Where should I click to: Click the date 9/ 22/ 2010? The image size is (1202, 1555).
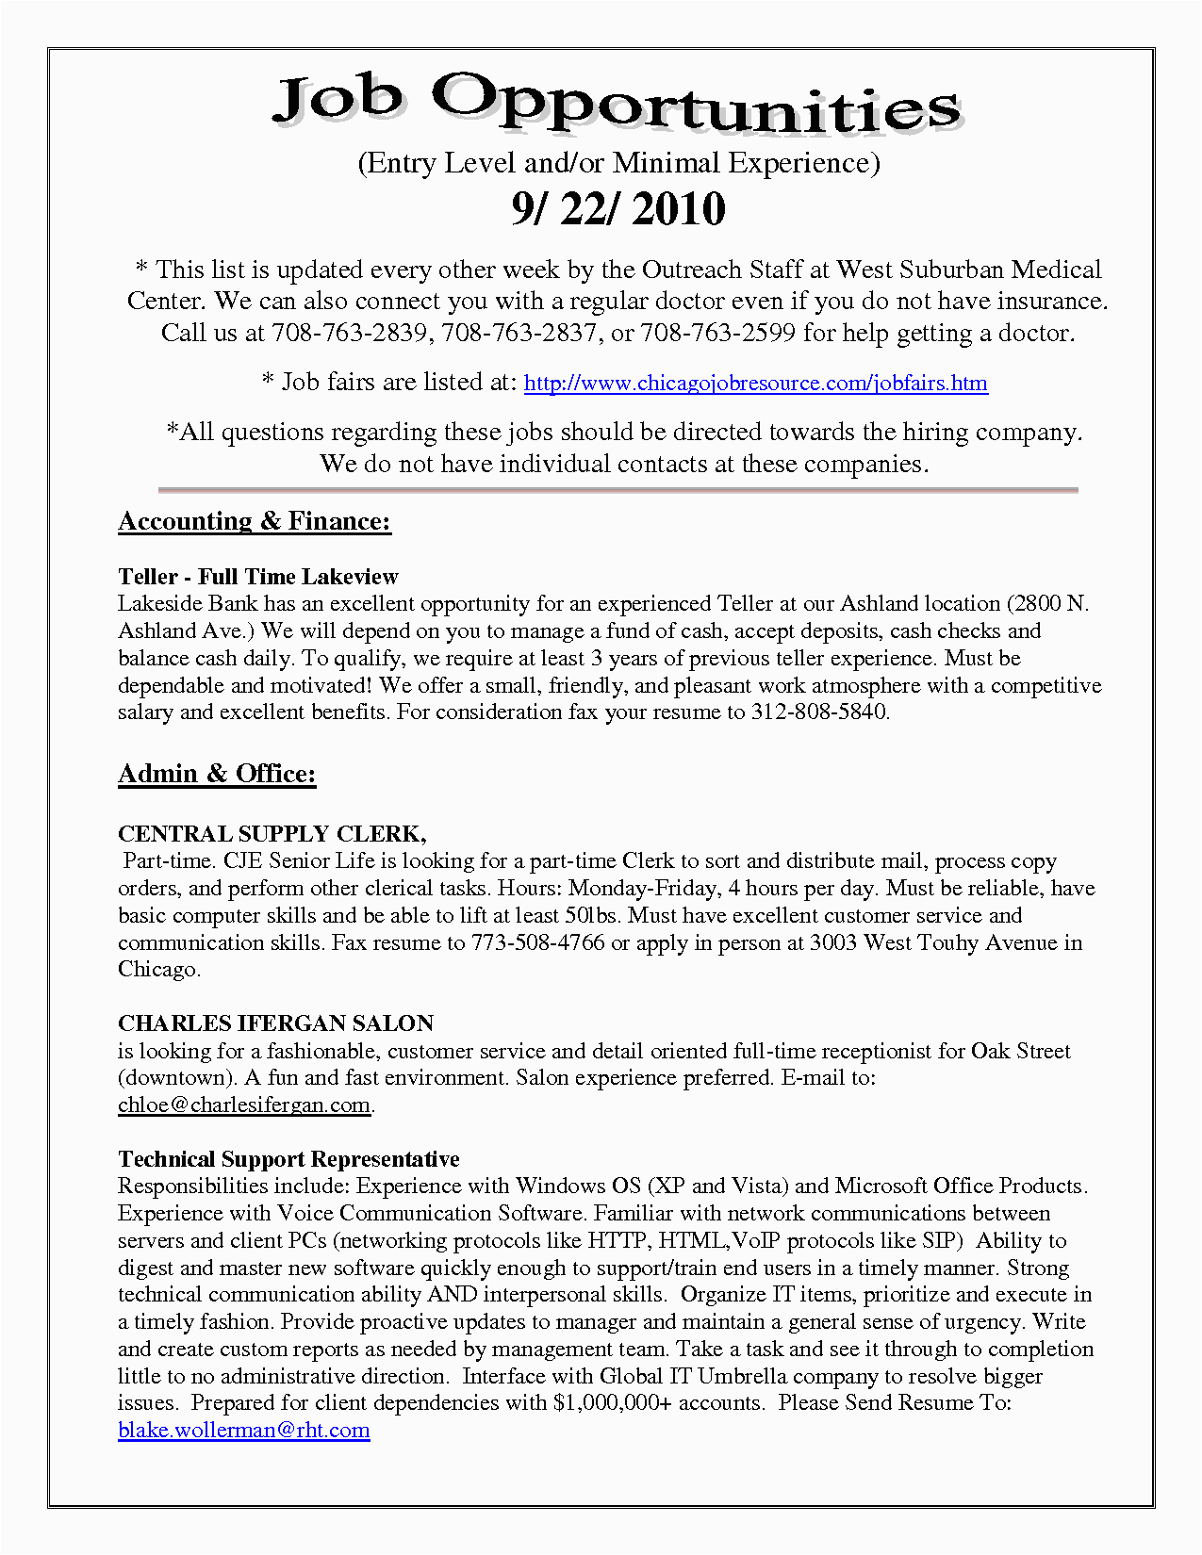pyautogui.click(x=618, y=209)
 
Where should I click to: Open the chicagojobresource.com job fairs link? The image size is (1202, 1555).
pyautogui.click(x=755, y=384)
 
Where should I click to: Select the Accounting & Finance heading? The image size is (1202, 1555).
pyautogui.click(x=255, y=521)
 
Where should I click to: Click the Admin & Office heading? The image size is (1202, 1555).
pyautogui.click(x=217, y=774)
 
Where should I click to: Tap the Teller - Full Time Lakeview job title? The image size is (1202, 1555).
pyautogui.click(x=258, y=577)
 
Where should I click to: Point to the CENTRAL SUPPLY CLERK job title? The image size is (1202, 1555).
pyautogui.click(x=272, y=834)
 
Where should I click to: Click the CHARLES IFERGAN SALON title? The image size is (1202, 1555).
pyautogui.click(x=275, y=1023)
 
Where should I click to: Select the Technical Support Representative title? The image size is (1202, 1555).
pyautogui.click(x=288, y=1159)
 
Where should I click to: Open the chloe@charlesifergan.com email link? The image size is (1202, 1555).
pyautogui.click(x=244, y=1105)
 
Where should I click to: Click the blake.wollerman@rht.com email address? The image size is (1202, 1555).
pyautogui.click(x=244, y=1431)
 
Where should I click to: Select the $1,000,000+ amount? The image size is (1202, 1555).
pyautogui.click(x=612, y=1403)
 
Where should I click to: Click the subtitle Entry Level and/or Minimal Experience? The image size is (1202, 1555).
pyautogui.click(x=618, y=163)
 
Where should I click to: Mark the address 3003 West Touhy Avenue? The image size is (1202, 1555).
pyautogui.click(x=933, y=942)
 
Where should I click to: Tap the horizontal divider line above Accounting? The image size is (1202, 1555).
pyautogui.click(x=618, y=490)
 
